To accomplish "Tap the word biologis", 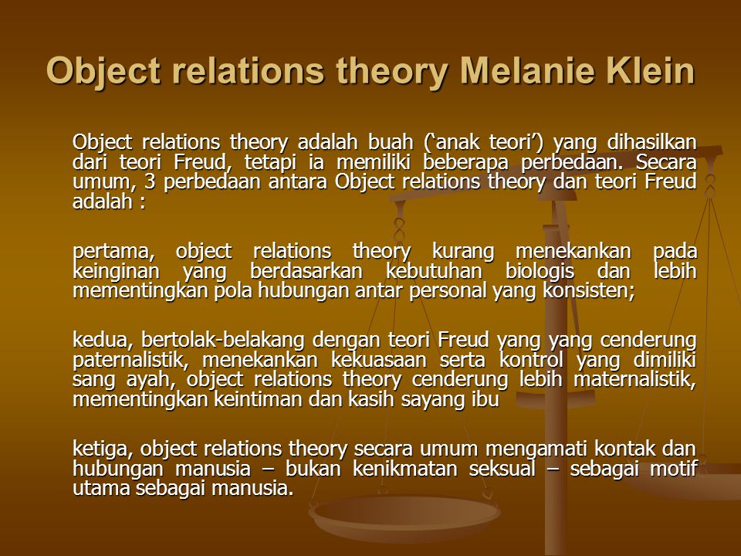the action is pyautogui.click(x=540, y=271).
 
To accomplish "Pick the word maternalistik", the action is pyautogui.click(x=635, y=380).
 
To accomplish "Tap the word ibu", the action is pyautogui.click(x=485, y=399).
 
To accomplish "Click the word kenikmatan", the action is pyautogui.click(x=406, y=469).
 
